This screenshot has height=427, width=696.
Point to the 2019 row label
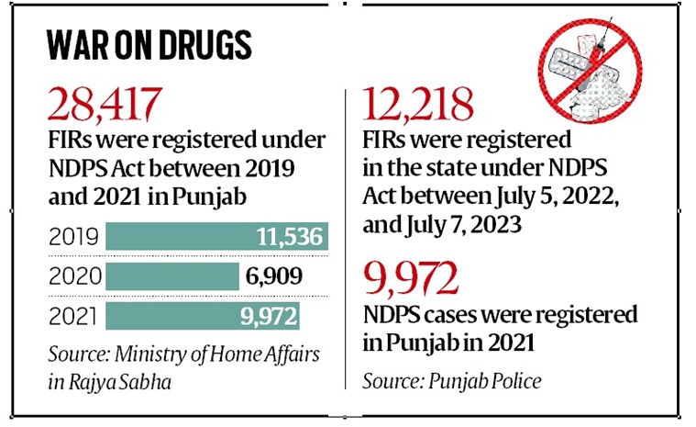(72, 238)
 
